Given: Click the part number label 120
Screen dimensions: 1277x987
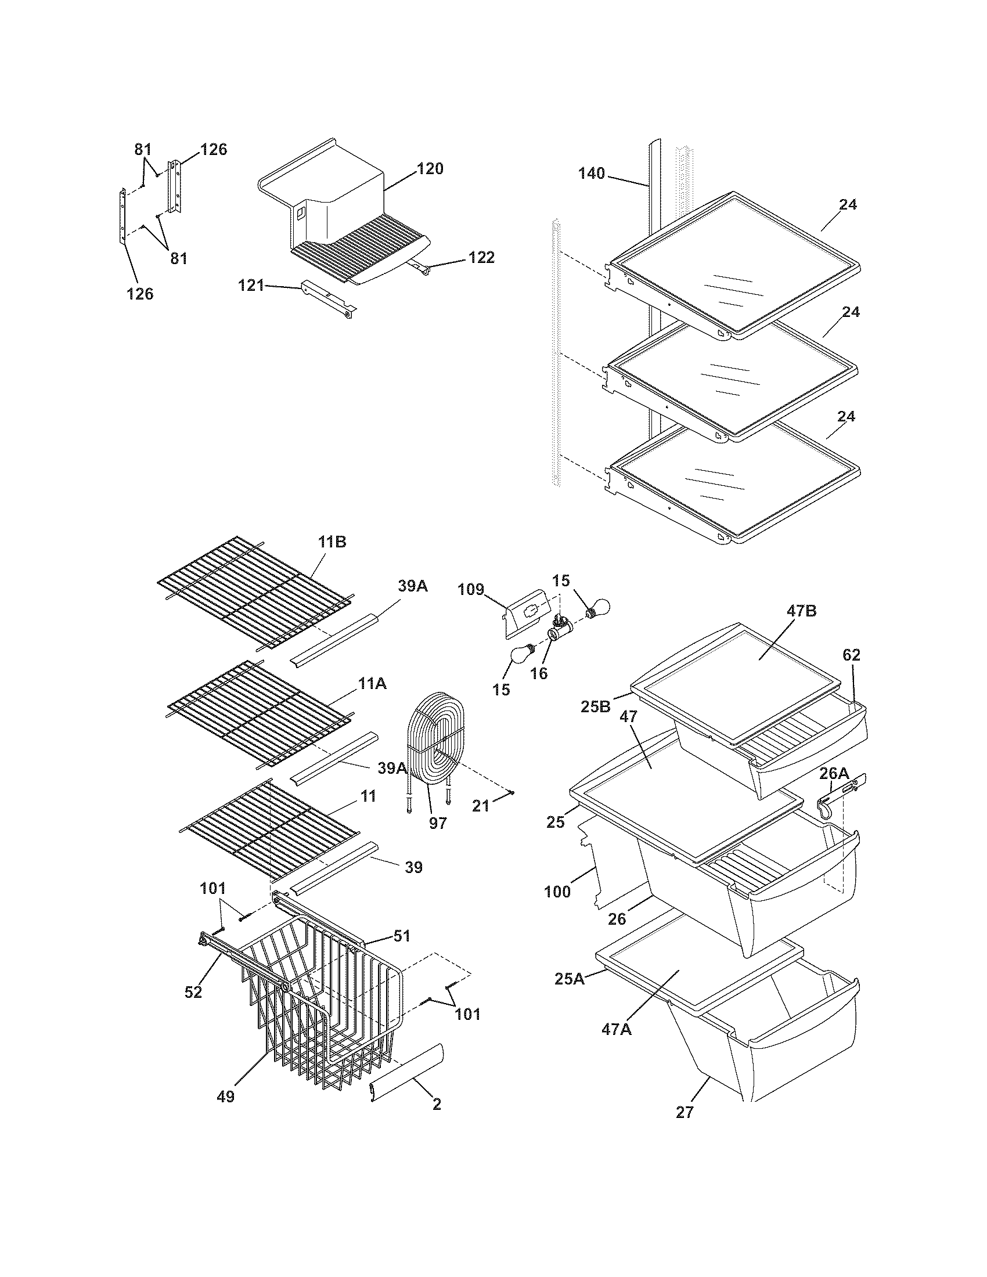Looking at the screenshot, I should click(x=430, y=169).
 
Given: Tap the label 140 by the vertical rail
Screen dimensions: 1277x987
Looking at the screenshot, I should click(x=591, y=174).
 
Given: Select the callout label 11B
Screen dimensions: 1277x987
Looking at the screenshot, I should click(x=332, y=542).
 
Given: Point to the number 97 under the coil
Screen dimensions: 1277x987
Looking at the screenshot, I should click(x=437, y=823).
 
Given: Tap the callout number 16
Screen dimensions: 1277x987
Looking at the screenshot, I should click(x=539, y=673).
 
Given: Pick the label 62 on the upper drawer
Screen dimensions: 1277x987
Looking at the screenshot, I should click(x=851, y=655).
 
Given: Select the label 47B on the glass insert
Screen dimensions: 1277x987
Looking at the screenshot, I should click(x=802, y=611).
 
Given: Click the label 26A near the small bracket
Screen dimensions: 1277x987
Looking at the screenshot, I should click(x=833, y=774).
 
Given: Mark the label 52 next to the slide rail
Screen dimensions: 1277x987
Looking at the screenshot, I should click(x=193, y=991).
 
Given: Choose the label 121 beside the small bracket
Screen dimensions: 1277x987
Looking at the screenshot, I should click(x=250, y=286).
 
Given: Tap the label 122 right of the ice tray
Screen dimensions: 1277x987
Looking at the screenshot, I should click(x=481, y=257).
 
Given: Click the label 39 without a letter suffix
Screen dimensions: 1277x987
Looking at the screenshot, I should click(x=413, y=867).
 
